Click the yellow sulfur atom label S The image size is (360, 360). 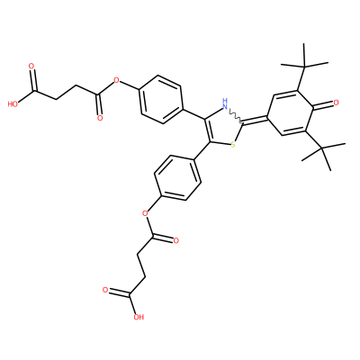(x=233, y=145)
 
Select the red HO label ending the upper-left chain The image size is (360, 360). (x=13, y=104)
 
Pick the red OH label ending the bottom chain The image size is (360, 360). (x=139, y=317)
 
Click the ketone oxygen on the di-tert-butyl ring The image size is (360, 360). (x=336, y=103)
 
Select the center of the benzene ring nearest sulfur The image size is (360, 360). (x=177, y=177)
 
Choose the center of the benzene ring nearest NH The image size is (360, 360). (x=161, y=99)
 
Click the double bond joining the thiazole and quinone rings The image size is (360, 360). (x=256, y=121)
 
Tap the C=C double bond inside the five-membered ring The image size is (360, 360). (x=207, y=130)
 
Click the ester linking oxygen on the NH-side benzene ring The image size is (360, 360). (x=116, y=80)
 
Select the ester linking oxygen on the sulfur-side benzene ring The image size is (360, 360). (x=146, y=213)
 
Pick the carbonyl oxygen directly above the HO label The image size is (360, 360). (x=31, y=66)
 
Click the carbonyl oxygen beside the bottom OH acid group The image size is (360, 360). (x=105, y=290)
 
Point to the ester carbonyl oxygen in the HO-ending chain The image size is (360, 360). (x=100, y=118)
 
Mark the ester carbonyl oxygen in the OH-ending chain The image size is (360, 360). (x=175, y=240)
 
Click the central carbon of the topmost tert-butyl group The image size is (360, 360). (x=304, y=66)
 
